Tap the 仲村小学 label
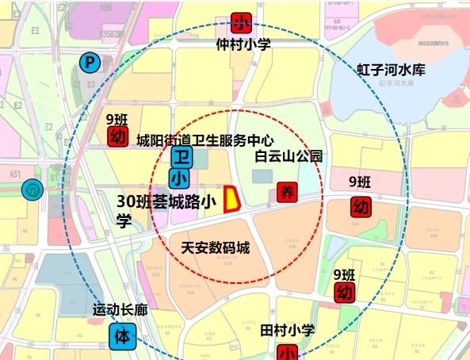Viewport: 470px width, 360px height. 243,44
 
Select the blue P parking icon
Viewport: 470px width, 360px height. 90,61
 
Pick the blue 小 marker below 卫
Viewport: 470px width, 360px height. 181,178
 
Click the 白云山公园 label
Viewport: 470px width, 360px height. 288,156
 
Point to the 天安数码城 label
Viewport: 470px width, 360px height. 216,247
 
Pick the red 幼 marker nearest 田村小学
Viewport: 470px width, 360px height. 343,293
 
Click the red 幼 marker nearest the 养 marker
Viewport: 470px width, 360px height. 361,208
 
